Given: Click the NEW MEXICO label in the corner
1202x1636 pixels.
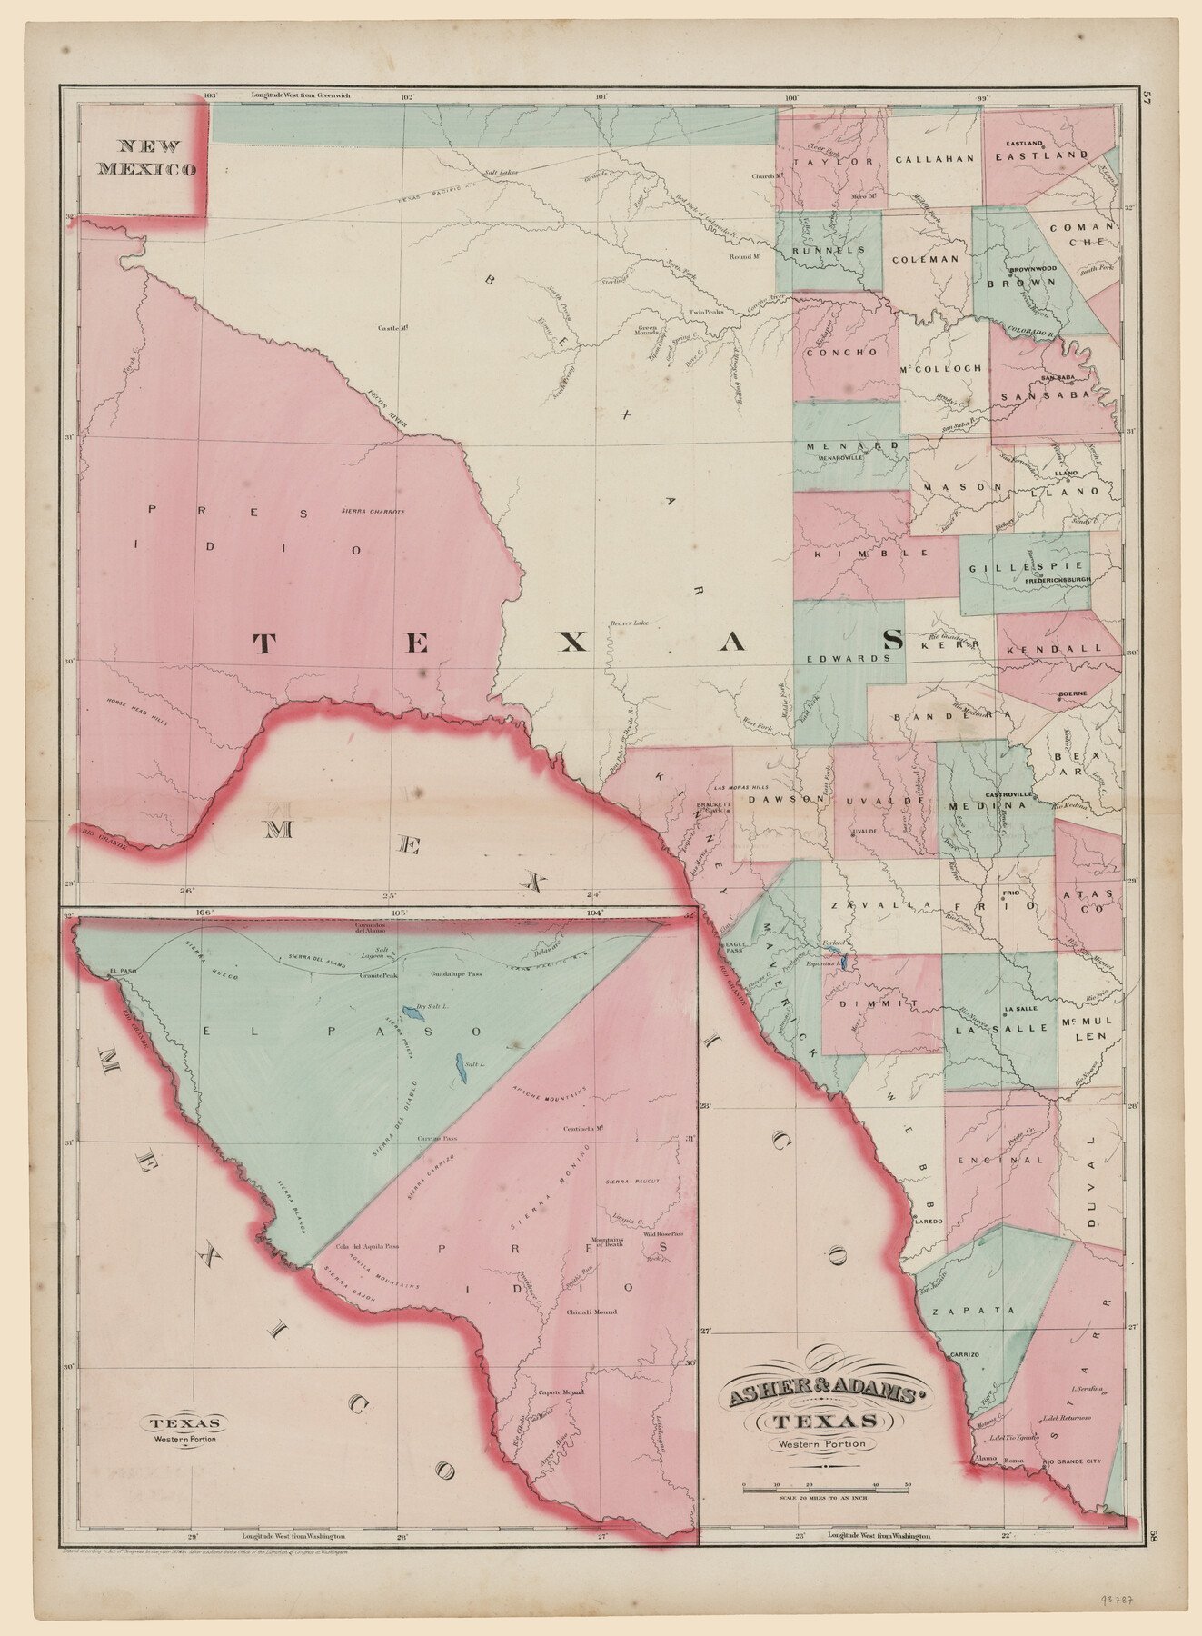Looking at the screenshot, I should coord(147,156).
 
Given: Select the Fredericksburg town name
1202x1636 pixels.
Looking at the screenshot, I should coord(1058,578).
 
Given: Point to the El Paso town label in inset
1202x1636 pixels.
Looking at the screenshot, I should coord(122,972).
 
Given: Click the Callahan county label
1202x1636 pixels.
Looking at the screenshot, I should coord(934,158).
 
